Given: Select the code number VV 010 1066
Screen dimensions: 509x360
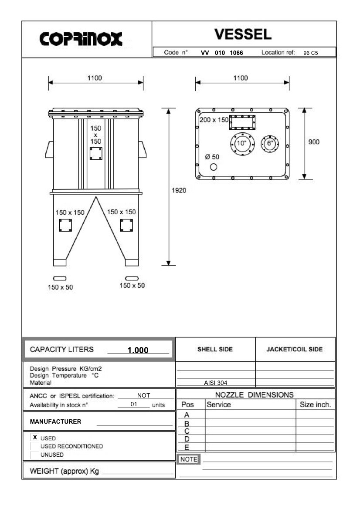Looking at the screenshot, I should [x=222, y=53].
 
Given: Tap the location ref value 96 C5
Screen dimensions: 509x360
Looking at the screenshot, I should [x=311, y=53].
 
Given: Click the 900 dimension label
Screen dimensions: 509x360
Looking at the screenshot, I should [x=314, y=142].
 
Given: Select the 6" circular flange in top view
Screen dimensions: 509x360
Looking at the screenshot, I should [x=269, y=144].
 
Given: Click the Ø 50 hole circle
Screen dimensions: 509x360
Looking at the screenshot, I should [x=214, y=167].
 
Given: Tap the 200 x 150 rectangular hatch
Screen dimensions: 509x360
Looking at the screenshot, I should [x=242, y=122].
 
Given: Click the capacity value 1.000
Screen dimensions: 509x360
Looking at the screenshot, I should [x=138, y=350].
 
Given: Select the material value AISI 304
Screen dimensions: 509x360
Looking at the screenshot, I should [x=215, y=383].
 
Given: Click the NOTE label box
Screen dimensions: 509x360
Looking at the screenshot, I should [x=189, y=459].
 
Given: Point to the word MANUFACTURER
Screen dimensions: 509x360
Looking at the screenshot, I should [x=55, y=422].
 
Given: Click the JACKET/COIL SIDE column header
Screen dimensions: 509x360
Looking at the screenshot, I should [x=295, y=349].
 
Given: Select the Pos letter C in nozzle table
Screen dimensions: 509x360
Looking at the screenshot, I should [x=187, y=431].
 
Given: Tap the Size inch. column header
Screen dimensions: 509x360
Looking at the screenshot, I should [x=316, y=405].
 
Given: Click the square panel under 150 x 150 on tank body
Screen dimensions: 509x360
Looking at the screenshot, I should [x=96, y=154].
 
